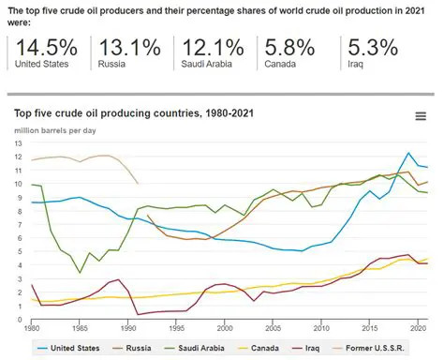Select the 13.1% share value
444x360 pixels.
[x=125, y=47]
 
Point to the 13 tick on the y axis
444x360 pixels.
[x=18, y=142]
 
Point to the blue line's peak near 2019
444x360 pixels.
[x=409, y=153]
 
